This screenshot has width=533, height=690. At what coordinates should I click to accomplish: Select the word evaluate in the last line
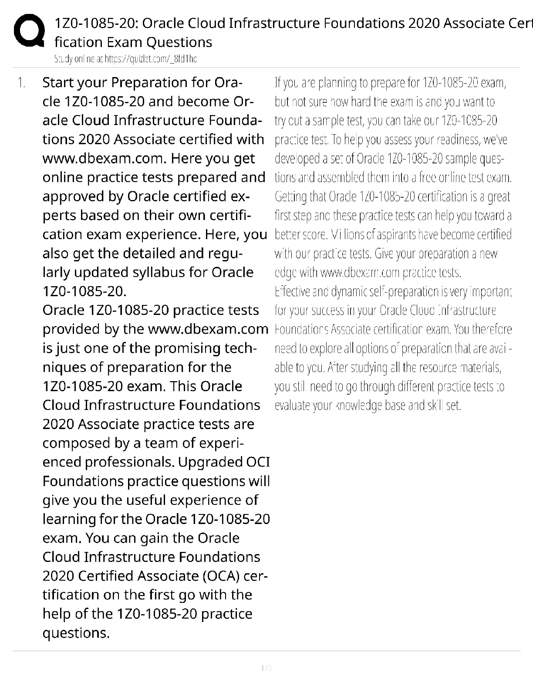tap(289, 406)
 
